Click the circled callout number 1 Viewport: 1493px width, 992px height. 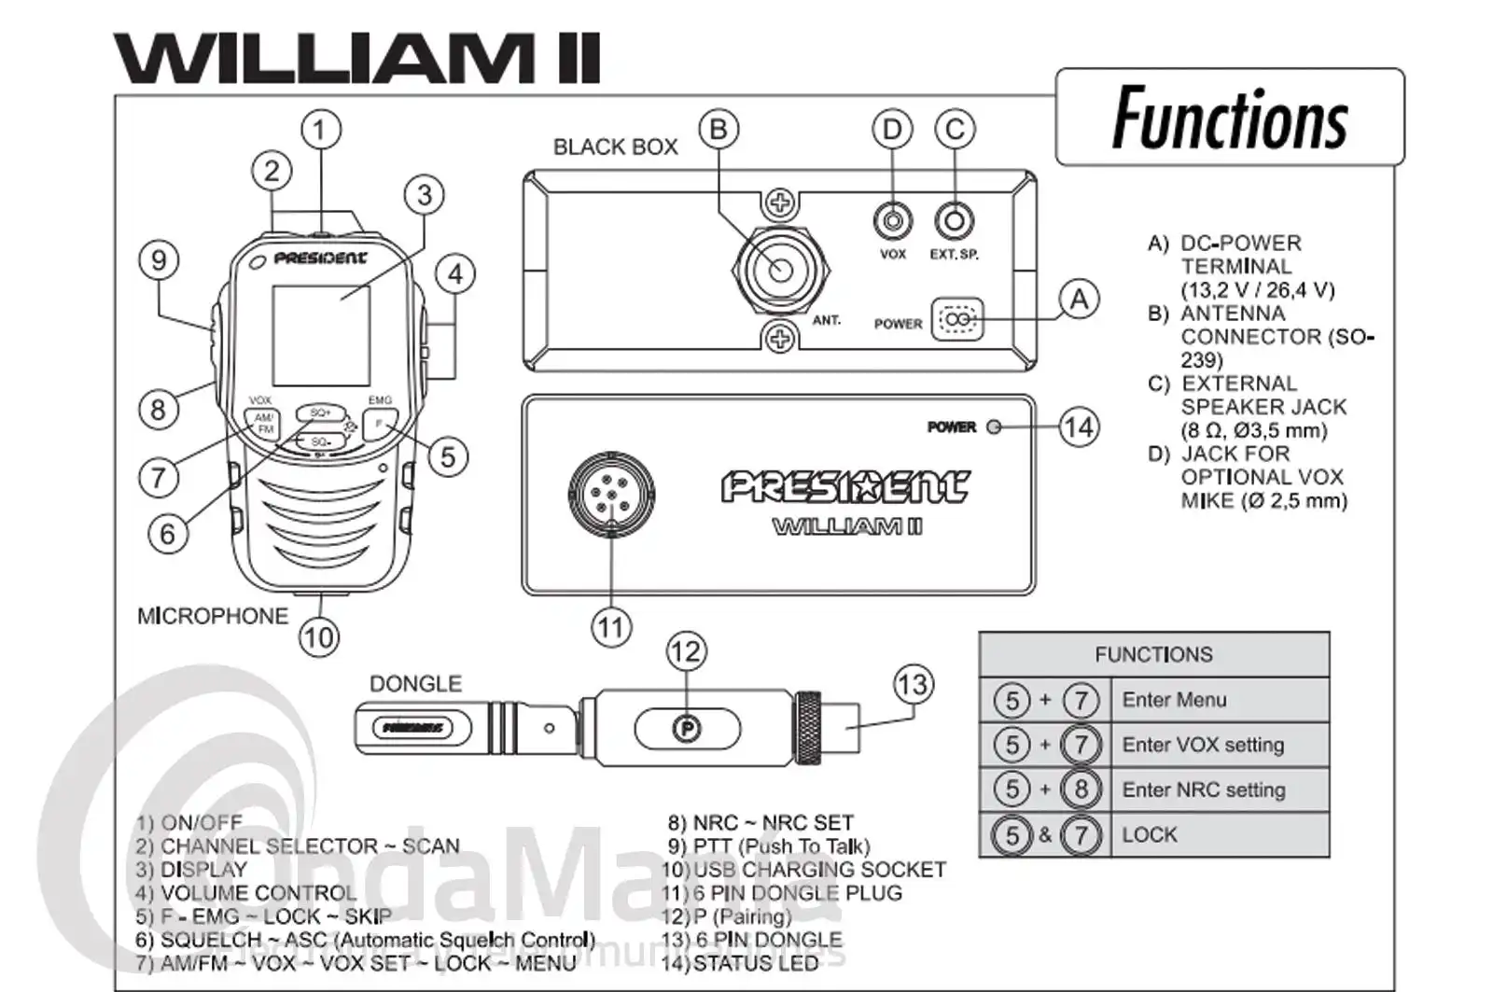click(320, 129)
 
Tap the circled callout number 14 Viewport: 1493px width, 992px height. click(1079, 427)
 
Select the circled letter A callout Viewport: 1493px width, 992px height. click(1079, 300)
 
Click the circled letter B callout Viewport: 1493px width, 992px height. click(718, 129)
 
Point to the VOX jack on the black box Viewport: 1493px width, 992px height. click(892, 221)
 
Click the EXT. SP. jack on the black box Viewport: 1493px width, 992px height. click(954, 221)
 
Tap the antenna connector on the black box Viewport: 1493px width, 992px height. click(780, 270)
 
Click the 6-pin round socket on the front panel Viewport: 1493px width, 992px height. click(611, 492)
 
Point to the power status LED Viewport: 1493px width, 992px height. click(994, 427)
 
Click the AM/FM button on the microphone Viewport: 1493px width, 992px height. click(265, 423)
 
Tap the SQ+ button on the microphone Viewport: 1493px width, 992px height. click(320, 412)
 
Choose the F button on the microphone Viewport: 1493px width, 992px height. click(380, 424)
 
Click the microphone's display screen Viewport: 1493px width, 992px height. click(320, 334)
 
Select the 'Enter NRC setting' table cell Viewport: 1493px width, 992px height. click(1204, 790)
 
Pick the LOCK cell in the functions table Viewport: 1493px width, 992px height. click(1150, 835)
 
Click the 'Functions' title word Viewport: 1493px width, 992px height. click(1230, 119)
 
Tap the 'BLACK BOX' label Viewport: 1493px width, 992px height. click(615, 147)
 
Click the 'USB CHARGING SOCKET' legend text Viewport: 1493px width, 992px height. click(819, 870)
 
